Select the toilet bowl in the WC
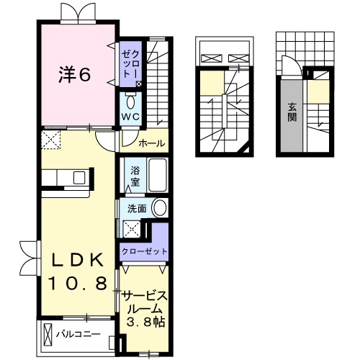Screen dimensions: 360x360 pos(130,102)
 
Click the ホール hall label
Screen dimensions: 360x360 pos(152,143)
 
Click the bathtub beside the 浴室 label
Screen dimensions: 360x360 pos(157,175)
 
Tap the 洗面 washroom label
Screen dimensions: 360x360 pos(136,208)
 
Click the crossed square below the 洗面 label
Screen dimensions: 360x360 pos(132,229)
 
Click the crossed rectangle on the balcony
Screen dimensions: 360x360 pos(48,336)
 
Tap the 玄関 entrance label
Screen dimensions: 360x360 pos(292,111)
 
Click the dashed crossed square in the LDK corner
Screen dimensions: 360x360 pos(50,138)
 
